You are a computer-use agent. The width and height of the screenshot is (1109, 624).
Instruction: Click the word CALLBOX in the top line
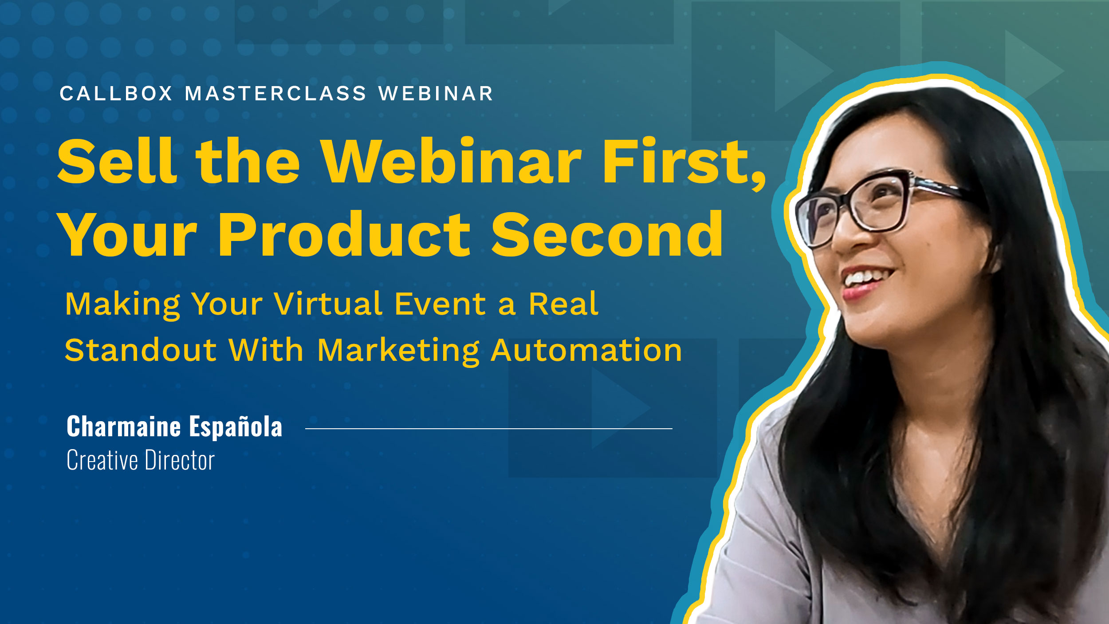click(x=116, y=94)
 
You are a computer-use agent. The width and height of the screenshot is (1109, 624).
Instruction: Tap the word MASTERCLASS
click(x=275, y=94)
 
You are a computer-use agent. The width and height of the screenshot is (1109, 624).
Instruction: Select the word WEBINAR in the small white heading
click(x=436, y=94)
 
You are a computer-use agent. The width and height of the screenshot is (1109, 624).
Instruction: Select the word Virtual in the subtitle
click(x=328, y=304)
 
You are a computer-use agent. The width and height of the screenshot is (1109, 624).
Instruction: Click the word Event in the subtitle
click(x=440, y=304)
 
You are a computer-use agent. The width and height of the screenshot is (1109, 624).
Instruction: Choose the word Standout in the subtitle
click(x=141, y=350)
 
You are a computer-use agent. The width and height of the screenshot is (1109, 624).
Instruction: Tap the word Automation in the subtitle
click(x=586, y=350)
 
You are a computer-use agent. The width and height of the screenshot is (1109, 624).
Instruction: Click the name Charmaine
click(x=124, y=427)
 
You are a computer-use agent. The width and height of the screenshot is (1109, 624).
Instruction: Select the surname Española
click(x=236, y=427)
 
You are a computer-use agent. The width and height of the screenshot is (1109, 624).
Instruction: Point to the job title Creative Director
click(x=141, y=460)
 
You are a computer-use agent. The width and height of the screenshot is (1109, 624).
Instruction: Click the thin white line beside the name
click(x=488, y=429)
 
